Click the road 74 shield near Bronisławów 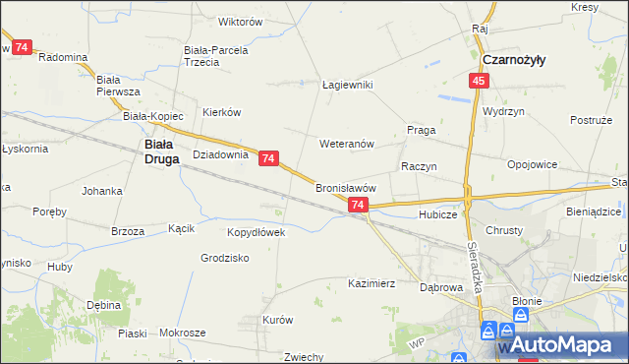[358, 205]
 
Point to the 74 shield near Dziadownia [269, 157]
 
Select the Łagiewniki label [348, 85]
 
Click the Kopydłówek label [256, 232]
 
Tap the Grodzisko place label [224, 258]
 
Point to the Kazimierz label [372, 283]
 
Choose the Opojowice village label [532, 164]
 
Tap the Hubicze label [437, 213]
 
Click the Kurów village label [278, 320]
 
